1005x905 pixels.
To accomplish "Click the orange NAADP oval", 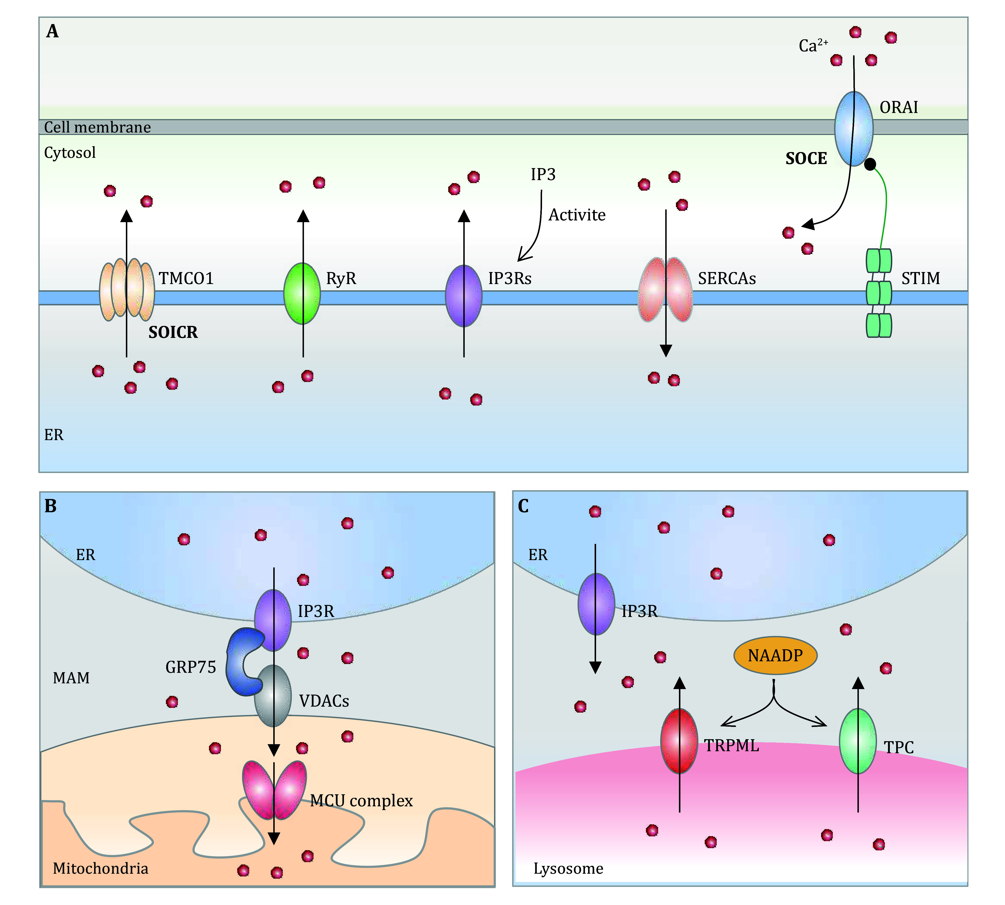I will [x=775, y=655].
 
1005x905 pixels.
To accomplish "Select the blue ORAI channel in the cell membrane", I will [x=853, y=128].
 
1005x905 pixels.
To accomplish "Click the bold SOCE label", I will [x=806, y=159].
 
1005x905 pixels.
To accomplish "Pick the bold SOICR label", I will [x=173, y=332].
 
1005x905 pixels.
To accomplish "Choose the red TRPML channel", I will [x=679, y=741].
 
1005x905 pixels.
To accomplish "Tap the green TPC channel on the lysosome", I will [x=857, y=741].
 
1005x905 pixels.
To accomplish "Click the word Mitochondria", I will [x=100, y=868].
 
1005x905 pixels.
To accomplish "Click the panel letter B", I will [x=50, y=506].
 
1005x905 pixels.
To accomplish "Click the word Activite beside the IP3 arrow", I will [x=577, y=215].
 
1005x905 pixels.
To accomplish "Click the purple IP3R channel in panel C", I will [x=596, y=604].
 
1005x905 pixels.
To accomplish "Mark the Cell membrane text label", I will [x=97, y=127].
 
